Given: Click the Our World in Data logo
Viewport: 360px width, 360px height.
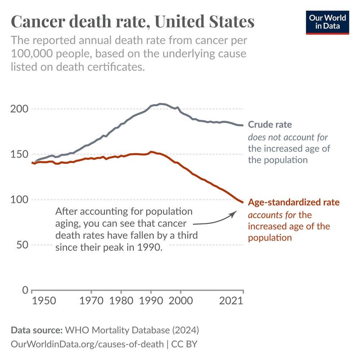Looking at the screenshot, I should point(328,22).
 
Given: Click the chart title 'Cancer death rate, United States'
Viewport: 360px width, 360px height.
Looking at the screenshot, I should point(133,22).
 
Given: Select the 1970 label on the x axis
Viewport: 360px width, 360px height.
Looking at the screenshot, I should point(91,300).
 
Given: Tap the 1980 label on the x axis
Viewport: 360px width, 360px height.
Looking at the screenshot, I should point(121,300).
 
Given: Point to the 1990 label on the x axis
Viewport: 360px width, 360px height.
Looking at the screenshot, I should point(151,300).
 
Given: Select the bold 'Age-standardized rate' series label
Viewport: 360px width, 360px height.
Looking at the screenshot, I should point(293,202).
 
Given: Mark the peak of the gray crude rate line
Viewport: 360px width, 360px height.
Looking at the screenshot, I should point(161,104).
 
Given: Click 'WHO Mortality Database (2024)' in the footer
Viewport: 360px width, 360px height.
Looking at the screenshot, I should point(132,330).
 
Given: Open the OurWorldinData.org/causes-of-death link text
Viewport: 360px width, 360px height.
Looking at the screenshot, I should point(87,344).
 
